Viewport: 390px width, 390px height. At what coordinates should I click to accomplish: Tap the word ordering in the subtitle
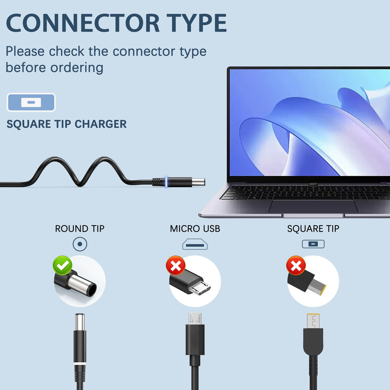[77, 68]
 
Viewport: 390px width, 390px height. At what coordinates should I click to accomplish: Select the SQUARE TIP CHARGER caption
[67, 124]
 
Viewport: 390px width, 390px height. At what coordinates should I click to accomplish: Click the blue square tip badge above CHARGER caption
[31, 102]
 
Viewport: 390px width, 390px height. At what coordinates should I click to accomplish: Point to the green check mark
[62, 266]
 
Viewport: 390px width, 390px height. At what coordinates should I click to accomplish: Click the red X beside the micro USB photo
[176, 265]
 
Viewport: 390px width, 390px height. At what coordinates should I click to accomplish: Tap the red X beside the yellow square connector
[296, 265]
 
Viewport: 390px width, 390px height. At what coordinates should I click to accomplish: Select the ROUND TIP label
[80, 229]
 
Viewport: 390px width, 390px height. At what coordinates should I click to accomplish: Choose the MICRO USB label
[195, 229]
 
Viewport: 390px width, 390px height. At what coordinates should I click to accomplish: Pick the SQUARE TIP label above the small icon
[313, 229]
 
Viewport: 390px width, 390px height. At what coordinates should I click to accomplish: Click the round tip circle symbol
[80, 244]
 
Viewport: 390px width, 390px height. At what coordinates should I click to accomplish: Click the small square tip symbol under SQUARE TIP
[313, 244]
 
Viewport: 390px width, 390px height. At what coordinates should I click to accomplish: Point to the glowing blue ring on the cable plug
[166, 182]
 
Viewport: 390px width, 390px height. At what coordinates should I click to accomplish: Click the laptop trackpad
[313, 206]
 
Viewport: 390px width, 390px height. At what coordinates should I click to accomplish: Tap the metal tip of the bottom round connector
[80, 322]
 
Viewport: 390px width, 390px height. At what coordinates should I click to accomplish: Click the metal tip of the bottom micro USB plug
[195, 319]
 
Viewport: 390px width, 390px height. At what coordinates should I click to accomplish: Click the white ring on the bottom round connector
[80, 364]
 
